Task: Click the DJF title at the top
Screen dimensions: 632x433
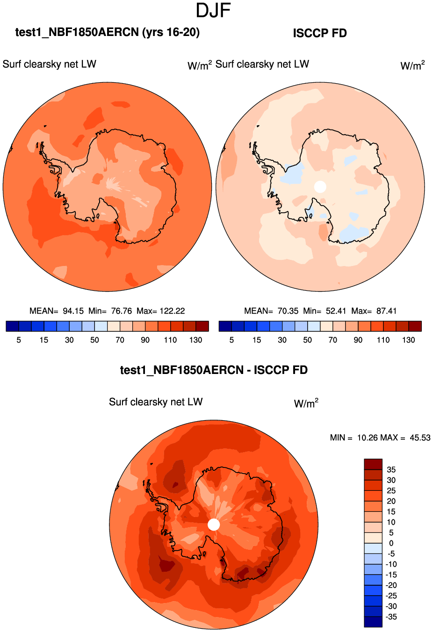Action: point(214,11)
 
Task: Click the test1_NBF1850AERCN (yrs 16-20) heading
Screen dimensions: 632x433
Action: point(108,32)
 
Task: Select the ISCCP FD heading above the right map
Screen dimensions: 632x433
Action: point(320,33)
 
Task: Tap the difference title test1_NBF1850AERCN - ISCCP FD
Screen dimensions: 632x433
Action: point(214,370)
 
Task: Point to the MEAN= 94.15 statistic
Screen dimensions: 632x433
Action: point(57,311)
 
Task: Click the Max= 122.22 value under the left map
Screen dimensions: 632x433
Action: point(161,311)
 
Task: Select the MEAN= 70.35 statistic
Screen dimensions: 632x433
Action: point(271,311)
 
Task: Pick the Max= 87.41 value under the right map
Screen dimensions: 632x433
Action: point(374,311)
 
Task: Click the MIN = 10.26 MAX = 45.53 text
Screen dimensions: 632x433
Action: point(380,438)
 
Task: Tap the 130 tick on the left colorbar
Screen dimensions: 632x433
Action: point(196,340)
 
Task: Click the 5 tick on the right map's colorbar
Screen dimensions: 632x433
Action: point(231,340)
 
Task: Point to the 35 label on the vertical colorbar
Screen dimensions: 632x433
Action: point(391,469)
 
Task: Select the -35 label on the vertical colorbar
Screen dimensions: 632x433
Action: point(391,617)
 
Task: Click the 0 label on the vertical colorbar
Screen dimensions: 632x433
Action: point(391,543)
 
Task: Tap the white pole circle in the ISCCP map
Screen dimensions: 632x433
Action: point(320,187)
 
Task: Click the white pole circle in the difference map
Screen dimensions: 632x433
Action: point(214,524)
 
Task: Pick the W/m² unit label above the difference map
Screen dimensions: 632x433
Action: point(306,403)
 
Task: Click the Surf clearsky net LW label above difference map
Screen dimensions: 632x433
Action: point(156,402)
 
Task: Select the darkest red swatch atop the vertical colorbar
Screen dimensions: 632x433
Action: point(373,464)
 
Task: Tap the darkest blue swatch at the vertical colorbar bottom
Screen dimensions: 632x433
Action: point(373,622)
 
